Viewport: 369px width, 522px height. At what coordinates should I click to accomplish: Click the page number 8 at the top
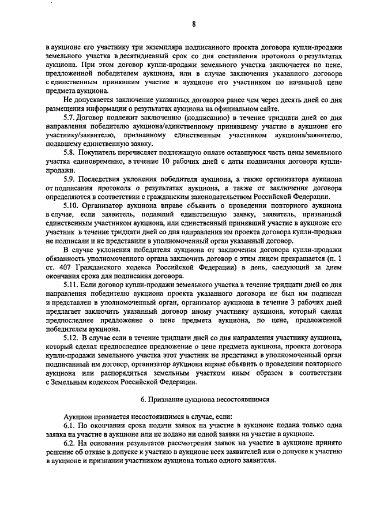(x=194, y=24)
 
